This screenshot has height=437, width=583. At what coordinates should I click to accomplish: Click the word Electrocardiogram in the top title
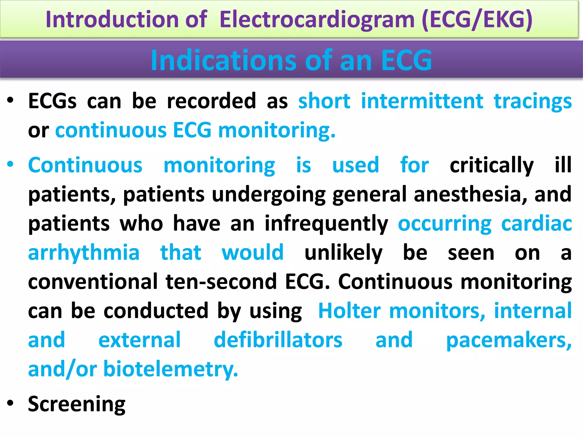[317, 20]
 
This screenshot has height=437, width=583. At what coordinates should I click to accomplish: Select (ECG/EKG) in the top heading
[477, 20]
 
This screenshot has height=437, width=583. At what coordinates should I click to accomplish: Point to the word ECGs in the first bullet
[52, 101]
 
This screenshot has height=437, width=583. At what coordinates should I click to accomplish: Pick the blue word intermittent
[422, 101]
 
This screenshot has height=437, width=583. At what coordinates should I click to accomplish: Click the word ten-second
[221, 282]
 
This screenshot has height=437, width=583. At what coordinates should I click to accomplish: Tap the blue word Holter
[349, 311]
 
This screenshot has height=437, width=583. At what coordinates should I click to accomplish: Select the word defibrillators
[278, 340]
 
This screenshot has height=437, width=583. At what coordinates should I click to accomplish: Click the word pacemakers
[508, 341]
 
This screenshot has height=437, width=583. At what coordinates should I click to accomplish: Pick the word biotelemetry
[170, 369]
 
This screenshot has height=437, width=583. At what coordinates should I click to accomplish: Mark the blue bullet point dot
[11, 164]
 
